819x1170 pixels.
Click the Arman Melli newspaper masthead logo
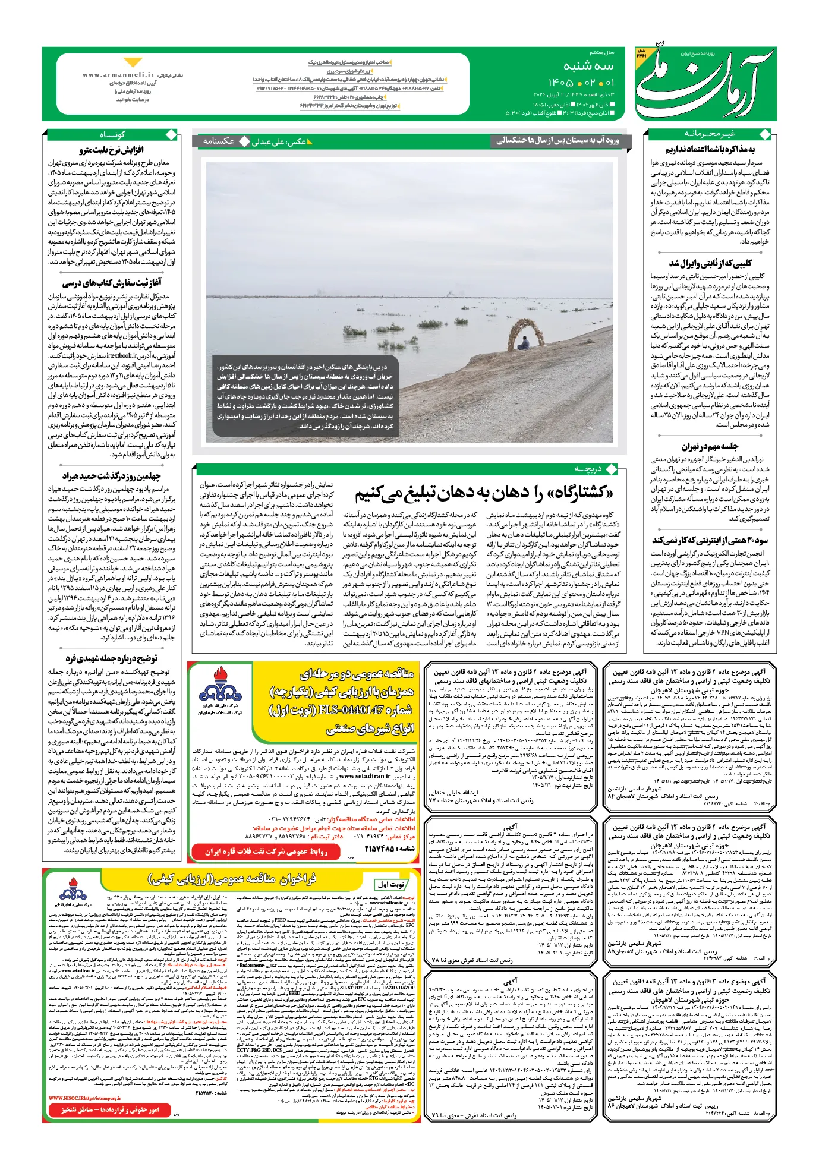coord(705,83)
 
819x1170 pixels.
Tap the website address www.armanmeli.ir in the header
coord(118,75)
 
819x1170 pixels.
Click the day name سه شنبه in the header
coord(588,65)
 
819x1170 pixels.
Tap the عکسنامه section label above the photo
coord(218,141)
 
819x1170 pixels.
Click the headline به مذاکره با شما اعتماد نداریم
coord(710,149)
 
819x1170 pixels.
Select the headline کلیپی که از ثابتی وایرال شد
coord(710,263)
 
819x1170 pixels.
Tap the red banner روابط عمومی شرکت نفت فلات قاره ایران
coord(267,852)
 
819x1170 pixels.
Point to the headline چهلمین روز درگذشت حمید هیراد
coord(111,476)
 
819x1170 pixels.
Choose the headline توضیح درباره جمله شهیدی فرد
coord(111,658)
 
